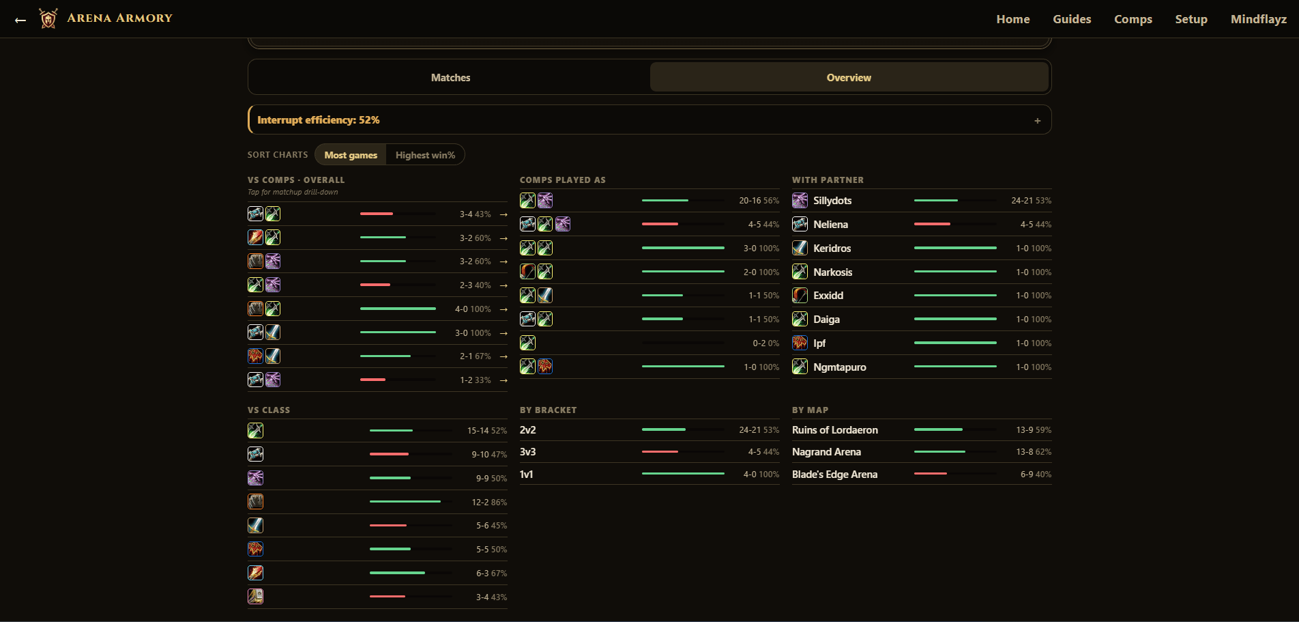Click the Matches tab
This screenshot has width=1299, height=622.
click(450, 78)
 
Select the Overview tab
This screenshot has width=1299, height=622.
click(849, 78)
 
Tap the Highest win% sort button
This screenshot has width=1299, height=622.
click(425, 155)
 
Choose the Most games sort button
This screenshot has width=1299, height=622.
click(351, 155)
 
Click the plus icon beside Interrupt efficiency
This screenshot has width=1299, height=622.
click(1037, 121)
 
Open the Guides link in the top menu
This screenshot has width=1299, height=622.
click(1072, 19)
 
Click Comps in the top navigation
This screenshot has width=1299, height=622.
click(1133, 19)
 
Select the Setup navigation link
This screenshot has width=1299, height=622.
click(1191, 19)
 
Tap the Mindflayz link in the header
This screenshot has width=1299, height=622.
click(1259, 19)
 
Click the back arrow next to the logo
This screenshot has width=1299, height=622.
click(20, 20)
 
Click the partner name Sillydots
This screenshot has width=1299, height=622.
click(832, 201)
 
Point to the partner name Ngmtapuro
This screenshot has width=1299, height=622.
click(840, 367)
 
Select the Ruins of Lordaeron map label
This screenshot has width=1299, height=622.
click(835, 430)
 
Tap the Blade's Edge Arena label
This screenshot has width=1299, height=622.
click(834, 475)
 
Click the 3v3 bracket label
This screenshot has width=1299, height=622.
click(527, 452)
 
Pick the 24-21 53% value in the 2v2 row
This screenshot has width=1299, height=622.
click(759, 430)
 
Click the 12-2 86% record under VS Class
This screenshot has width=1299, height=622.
click(489, 503)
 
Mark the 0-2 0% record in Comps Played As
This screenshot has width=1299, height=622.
click(765, 343)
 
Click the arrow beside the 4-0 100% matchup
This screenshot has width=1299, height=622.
click(503, 309)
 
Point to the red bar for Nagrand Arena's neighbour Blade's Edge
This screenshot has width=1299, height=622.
click(931, 474)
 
